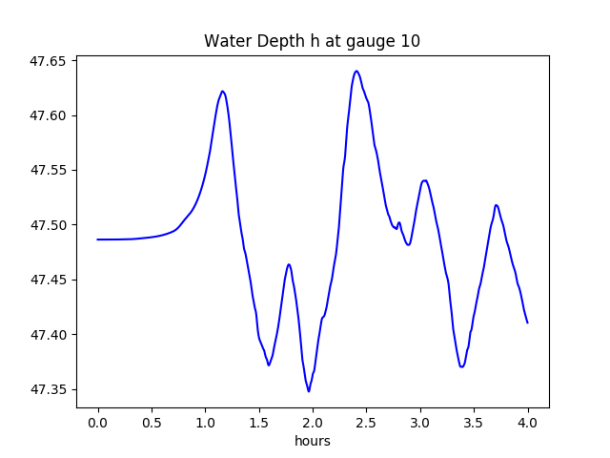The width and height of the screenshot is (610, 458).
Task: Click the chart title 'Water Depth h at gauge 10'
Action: [x=312, y=41]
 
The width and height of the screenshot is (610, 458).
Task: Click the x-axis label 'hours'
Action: [x=313, y=441]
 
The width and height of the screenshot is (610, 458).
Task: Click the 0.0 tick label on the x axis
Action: [x=98, y=422]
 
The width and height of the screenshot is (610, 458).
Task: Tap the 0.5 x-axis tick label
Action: [x=152, y=422]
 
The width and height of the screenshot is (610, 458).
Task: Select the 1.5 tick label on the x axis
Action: [x=259, y=422]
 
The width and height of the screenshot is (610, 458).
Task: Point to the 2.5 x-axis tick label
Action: [x=367, y=422]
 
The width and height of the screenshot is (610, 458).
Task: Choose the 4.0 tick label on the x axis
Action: [x=528, y=422]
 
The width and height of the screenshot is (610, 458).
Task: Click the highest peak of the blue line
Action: [x=356, y=71]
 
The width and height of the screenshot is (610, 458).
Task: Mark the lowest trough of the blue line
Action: [x=309, y=391]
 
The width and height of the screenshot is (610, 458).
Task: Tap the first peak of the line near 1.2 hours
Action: [x=222, y=92]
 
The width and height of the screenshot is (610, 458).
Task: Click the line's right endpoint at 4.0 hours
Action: [x=527, y=323]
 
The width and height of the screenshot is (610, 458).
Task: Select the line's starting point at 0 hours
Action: [x=98, y=239]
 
